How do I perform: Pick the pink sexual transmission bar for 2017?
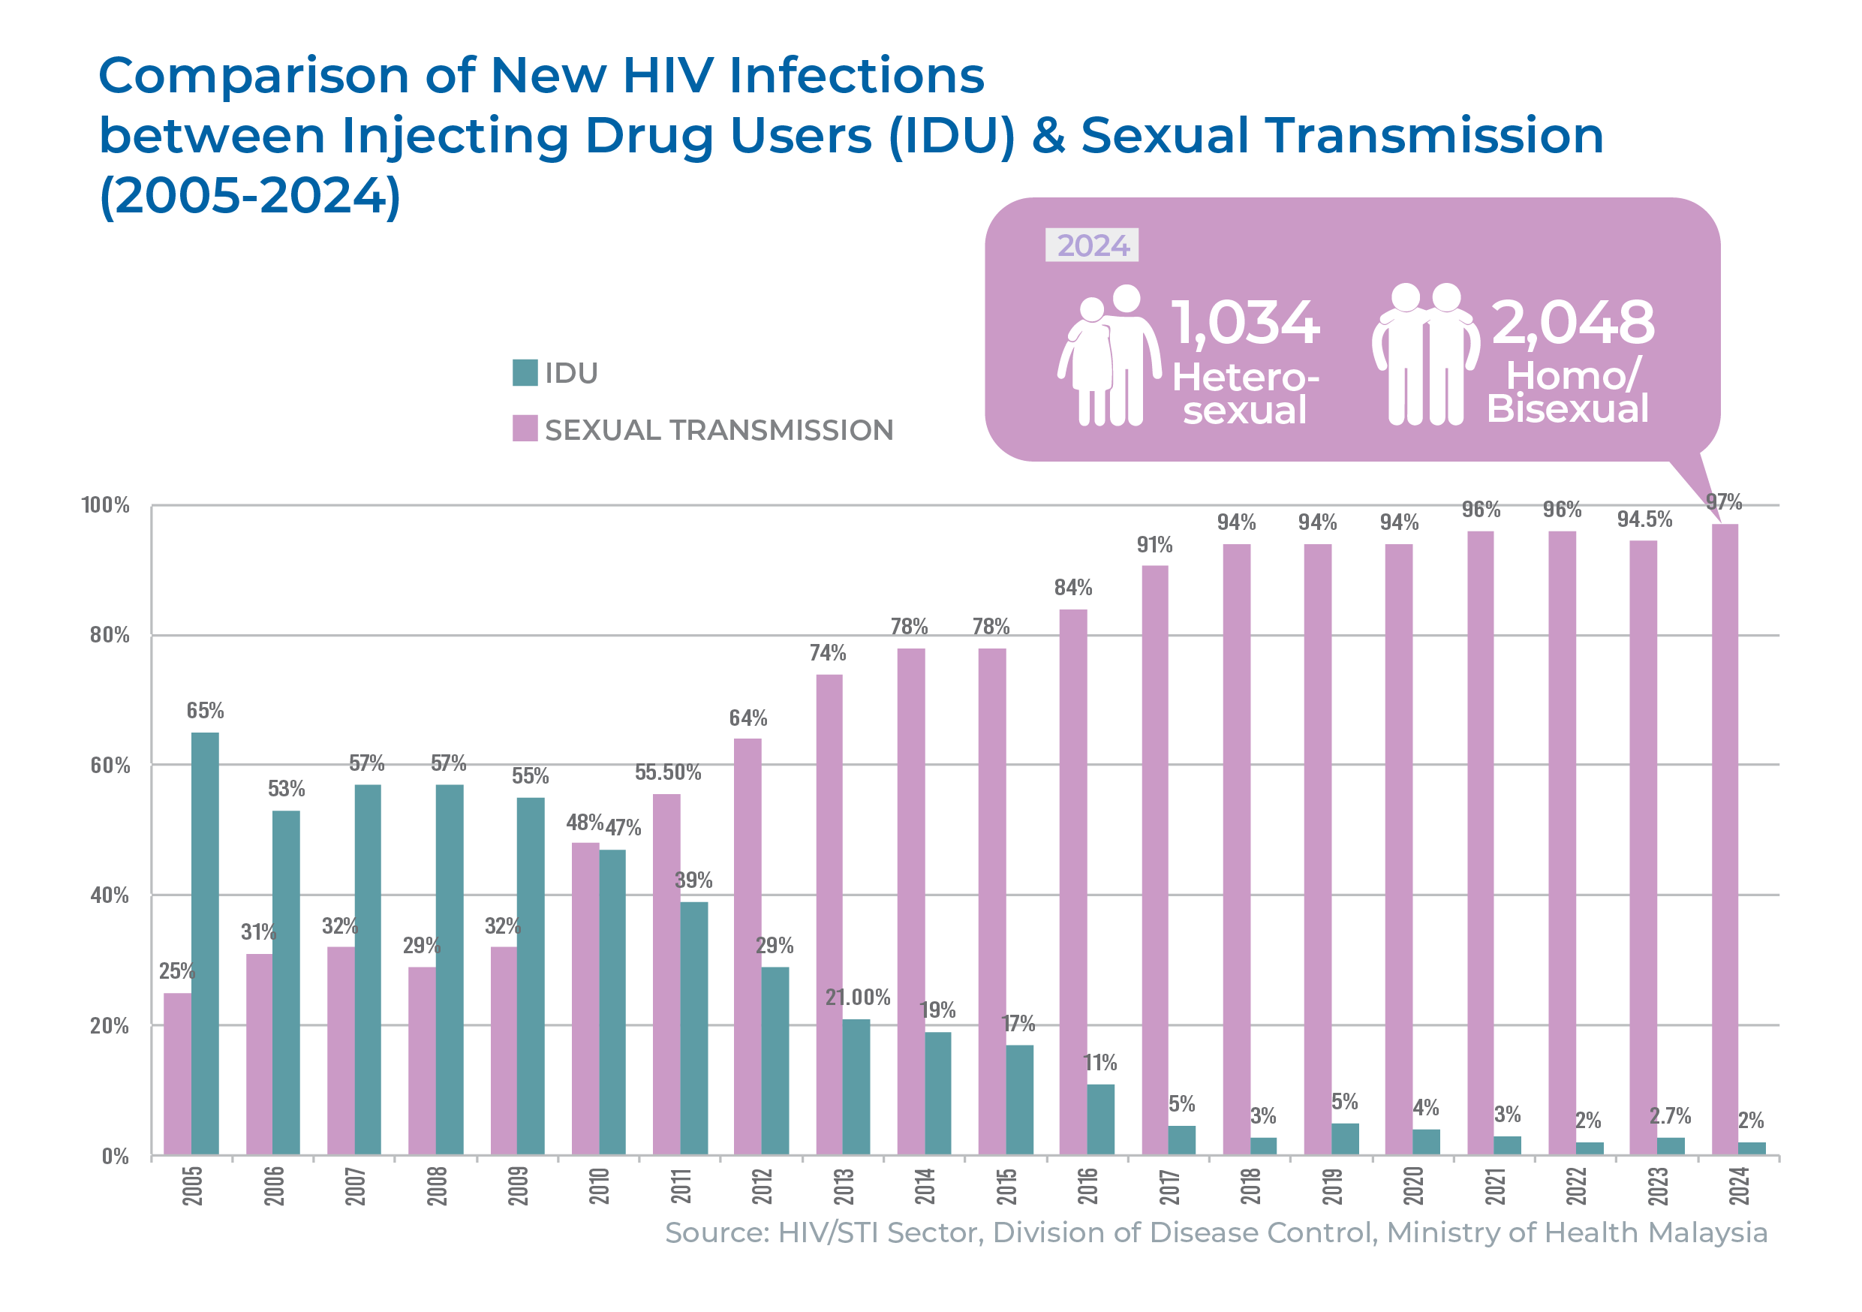tap(1154, 859)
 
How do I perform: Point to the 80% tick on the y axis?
tap(110, 635)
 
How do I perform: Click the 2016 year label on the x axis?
tap(1087, 1185)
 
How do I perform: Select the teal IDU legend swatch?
tap(525, 372)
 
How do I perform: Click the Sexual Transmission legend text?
tap(718, 430)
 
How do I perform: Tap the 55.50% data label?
tap(667, 772)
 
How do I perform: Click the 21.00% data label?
tap(857, 998)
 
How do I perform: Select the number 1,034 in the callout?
tap(1246, 323)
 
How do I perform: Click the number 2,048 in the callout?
tap(1572, 323)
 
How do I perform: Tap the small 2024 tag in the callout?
tap(1093, 245)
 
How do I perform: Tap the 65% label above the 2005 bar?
tap(205, 710)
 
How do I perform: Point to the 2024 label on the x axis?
tap(1739, 1185)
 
